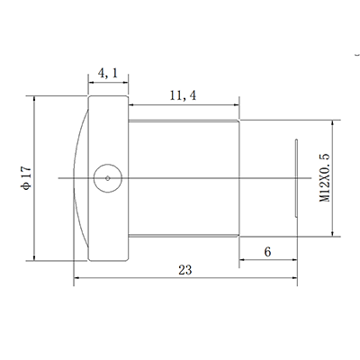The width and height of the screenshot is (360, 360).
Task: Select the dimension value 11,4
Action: point(184,94)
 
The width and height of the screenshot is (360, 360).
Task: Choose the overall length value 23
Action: point(184,269)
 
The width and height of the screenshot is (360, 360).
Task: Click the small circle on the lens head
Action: point(107,177)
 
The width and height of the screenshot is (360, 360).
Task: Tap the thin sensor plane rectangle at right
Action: point(296,177)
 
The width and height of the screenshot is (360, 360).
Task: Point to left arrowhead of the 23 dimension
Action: point(76,279)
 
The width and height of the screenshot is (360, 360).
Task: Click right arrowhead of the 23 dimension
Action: point(295,279)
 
